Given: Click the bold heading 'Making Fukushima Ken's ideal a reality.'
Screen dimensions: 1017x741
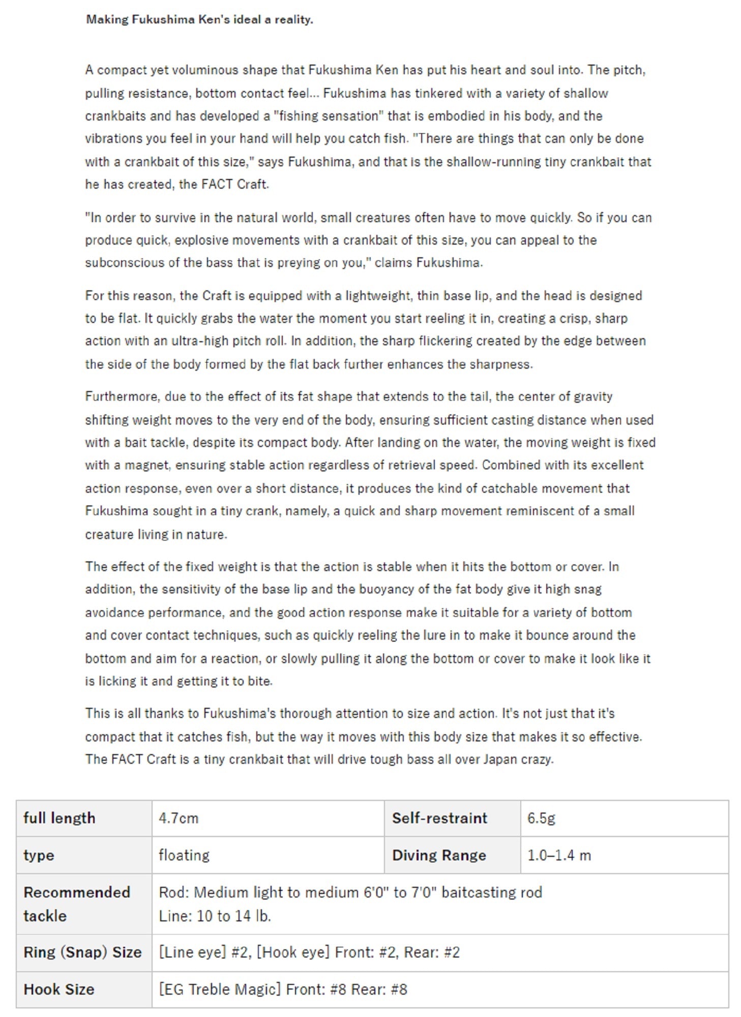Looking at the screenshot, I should (199, 20).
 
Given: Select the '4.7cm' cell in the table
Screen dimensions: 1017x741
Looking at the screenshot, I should (179, 818).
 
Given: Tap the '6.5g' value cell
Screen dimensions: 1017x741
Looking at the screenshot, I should (541, 818).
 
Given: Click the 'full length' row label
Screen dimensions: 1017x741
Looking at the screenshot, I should (59, 818).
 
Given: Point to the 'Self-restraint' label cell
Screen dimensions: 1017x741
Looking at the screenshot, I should (439, 818).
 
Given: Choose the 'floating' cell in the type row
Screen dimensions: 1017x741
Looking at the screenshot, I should (184, 855).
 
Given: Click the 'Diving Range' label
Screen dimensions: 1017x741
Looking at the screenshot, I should (439, 855).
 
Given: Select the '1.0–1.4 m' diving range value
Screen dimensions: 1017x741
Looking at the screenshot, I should (559, 855).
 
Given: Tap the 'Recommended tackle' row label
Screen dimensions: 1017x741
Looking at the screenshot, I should (76, 904).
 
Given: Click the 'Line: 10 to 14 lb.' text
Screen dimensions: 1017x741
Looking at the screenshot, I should (215, 916).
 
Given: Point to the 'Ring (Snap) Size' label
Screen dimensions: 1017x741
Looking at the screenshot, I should (82, 952).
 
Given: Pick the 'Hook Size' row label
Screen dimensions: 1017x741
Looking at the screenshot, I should (59, 990).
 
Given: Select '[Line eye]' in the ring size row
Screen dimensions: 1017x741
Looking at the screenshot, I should (192, 952).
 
